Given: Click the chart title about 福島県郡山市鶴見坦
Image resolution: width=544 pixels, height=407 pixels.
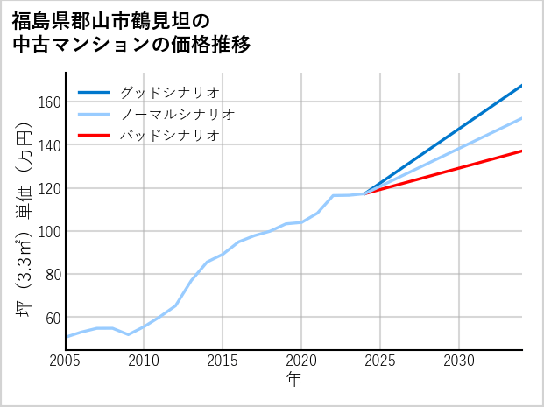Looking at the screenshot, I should [x=131, y=32].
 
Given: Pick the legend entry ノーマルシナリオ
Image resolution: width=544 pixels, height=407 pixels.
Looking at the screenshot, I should [x=177, y=114].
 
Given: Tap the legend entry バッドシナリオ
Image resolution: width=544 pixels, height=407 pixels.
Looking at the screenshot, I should [x=169, y=136].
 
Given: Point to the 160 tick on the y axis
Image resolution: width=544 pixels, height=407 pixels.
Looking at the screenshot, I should [x=49, y=102].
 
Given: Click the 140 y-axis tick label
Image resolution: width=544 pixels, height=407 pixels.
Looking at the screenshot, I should [x=49, y=145].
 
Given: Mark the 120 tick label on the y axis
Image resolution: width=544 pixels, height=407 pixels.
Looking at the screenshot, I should [x=49, y=188].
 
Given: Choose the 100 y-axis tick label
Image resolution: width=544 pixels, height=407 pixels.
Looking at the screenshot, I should [x=49, y=231].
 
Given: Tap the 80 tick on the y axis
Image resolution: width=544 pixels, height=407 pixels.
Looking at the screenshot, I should [x=53, y=274].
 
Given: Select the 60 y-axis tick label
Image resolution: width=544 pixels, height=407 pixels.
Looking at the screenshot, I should [x=53, y=317].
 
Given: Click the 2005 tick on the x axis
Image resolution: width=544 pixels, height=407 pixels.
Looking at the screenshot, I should [x=65, y=361].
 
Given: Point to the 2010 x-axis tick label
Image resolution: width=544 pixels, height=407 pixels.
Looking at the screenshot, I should [x=144, y=361].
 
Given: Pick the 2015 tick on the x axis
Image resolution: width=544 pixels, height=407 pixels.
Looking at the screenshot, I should [x=223, y=361].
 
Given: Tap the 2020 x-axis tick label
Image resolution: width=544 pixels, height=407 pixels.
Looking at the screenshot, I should [x=301, y=361].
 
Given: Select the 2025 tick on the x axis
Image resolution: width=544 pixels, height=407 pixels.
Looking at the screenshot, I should [x=380, y=361].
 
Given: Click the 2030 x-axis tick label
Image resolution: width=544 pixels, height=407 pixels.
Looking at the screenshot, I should [x=459, y=361].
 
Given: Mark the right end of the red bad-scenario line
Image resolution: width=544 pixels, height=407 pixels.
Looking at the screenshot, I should [x=522, y=151].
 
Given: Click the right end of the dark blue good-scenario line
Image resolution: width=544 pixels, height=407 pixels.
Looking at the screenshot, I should [x=522, y=85].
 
